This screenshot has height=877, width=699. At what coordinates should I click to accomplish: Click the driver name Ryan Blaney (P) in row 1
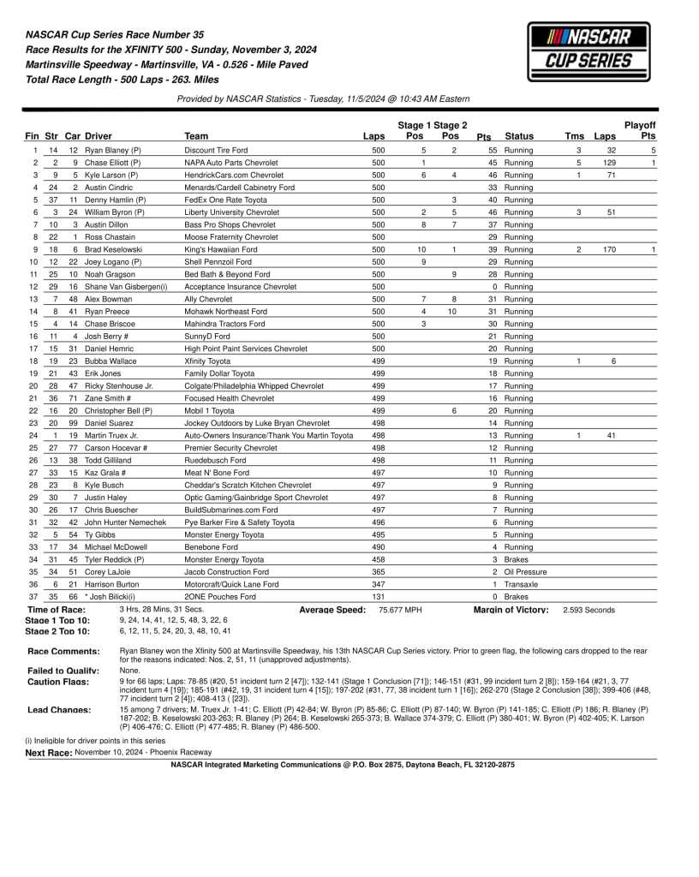pos(113,151)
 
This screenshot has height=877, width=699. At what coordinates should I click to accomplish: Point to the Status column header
pos(519,136)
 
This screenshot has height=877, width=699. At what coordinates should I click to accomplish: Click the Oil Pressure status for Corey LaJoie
pos(525,571)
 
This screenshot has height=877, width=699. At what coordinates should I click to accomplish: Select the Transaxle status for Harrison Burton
pos(521,584)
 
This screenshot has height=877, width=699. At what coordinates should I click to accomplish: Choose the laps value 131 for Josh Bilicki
pos(378,596)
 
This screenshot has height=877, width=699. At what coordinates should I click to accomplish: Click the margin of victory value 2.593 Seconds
pos(588,610)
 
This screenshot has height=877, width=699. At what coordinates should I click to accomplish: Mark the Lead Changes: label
pos(59,710)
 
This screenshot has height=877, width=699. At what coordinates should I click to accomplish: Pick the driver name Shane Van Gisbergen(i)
pos(126,287)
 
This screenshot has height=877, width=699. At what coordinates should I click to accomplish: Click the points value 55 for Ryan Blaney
pos(493,151)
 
